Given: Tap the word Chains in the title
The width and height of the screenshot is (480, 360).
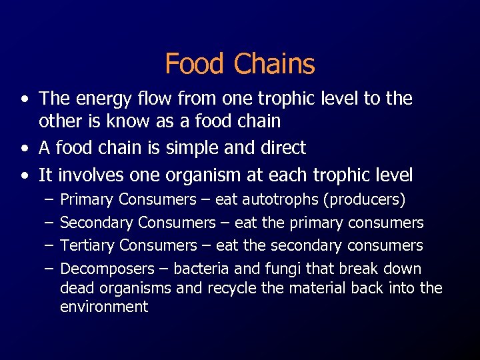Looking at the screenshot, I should click(x=274, y=64).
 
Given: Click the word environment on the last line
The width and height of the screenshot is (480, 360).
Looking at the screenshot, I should click(x=104, y=307).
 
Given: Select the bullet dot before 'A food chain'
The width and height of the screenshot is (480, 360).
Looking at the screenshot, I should click(x=25, y=148).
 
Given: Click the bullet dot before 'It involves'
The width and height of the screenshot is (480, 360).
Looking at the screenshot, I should click(x=25, y=176).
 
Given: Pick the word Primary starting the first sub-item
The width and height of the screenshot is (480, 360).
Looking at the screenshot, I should click(x=87, y=200).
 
